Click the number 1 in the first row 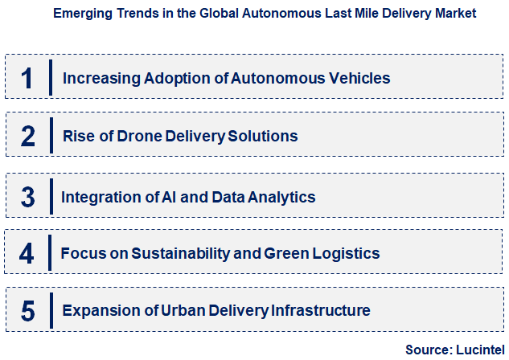(28, 78)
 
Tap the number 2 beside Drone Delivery (28, 136)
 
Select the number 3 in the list (28, 197)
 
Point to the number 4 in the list (28, 254)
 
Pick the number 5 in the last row (28, 310)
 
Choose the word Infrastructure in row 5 (320, 310)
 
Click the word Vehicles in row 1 (357, 79)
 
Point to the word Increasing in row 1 (98, 79)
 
